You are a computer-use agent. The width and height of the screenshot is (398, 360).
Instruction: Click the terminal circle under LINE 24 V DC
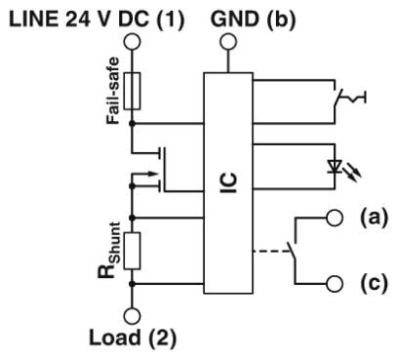132,39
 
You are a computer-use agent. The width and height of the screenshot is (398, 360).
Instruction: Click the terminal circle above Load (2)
132,314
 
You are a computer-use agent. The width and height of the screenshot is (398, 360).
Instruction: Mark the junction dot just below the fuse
132,125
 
